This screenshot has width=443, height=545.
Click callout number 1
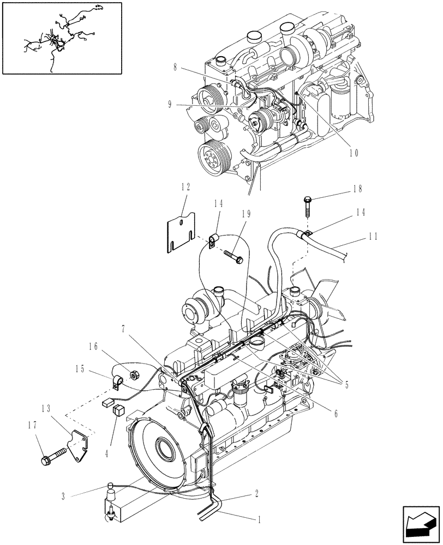(260, 519)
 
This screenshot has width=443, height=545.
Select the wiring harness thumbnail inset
(61, 38)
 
